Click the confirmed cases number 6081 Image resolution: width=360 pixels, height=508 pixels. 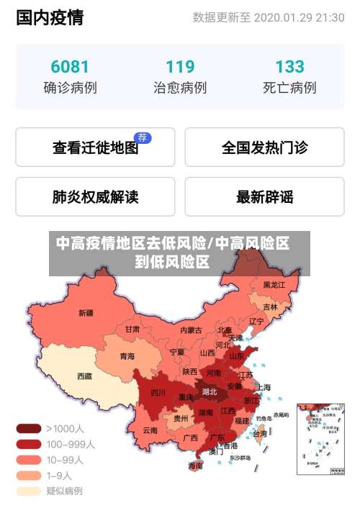tap(70, 67)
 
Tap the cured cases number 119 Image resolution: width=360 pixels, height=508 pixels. tap(180, 67)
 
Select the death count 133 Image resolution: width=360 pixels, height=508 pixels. tap(289, 67)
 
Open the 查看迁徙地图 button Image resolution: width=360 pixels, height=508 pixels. tap(95, 148)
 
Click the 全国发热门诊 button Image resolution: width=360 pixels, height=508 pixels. tap(264, 148)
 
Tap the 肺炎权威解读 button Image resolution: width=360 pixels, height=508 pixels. tap(95, 196)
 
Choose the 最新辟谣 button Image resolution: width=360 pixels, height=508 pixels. tap(264, 196)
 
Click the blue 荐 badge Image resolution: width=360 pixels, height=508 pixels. tap(143, 137)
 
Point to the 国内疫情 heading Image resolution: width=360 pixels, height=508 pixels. tap(50, 17)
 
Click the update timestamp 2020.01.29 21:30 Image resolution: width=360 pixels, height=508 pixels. tap(299, 17)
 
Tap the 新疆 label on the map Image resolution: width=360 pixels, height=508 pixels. tap(86, 313)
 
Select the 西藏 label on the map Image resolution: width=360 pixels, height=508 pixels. tap(84, 376)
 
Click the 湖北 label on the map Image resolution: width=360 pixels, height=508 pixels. tap(210, 392)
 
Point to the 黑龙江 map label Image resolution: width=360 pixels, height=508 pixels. tap(274, 285)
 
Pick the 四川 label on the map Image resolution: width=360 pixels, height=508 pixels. tap(158, 393)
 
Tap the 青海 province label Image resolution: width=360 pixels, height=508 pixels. tap(127, 356)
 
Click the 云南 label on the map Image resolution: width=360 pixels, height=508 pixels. tap(150, 430)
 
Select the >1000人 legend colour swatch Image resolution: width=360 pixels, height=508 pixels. tap(29, 428)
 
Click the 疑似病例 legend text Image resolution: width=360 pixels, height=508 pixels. tap(65, 491)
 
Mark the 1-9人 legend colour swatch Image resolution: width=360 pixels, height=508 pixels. tap(29, 476)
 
